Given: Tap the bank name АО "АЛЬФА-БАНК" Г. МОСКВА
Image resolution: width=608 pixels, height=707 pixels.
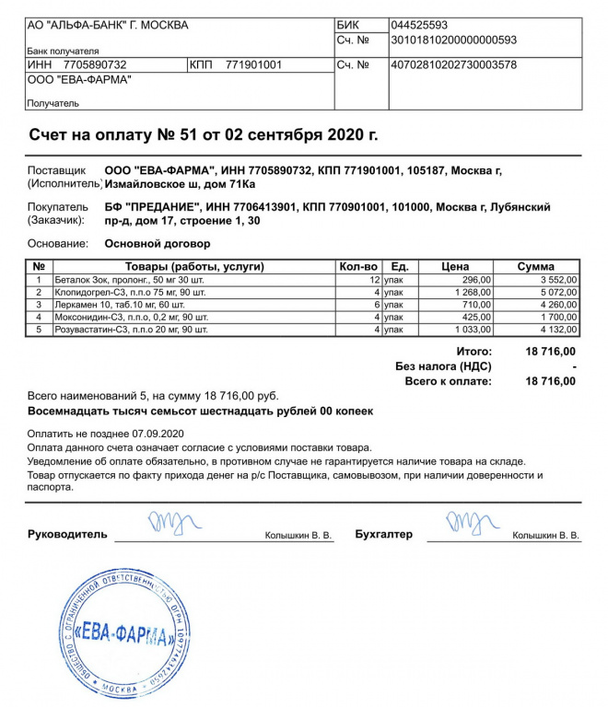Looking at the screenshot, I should click(108, 25).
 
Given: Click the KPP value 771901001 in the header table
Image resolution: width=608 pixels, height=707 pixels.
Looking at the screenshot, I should click(253, 65).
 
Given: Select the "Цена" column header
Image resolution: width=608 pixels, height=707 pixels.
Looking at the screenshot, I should click(455, 267).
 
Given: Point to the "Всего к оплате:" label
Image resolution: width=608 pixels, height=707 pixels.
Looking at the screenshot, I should click(449, 380).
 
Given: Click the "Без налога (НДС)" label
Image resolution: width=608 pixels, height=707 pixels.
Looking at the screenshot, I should click(443, 366).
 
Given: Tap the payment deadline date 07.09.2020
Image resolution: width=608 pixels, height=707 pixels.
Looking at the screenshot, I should click(159, 433).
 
